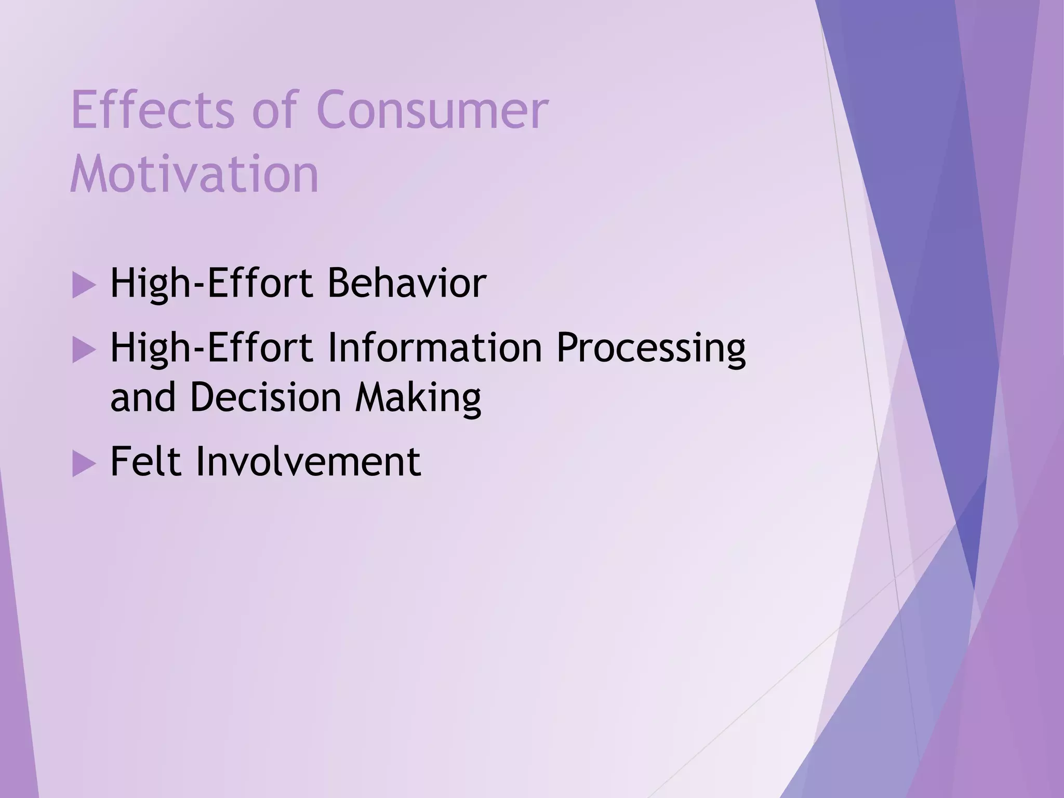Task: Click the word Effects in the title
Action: tap(152, 110)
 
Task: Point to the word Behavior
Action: tap(407, 284)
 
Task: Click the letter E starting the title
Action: tap(83, 110)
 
